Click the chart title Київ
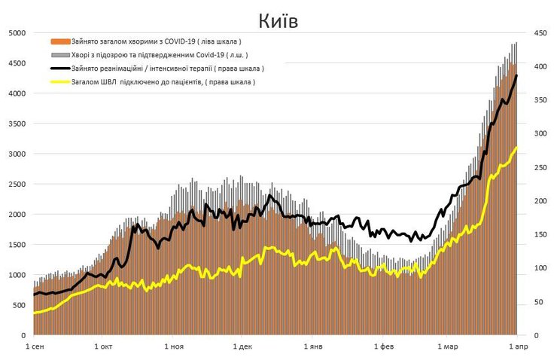click(278, 20)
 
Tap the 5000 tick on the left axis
click(17, 33)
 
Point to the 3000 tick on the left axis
click(17, 154)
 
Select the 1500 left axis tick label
click(17, 245)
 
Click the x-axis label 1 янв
click(312, 346)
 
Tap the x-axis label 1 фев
click(382, 346)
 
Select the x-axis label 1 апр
click(516, 346)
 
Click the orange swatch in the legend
click(60, 41)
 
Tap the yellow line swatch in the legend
click(60, 82)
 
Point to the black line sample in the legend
click(60, 69)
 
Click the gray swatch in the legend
click(60, 55)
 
